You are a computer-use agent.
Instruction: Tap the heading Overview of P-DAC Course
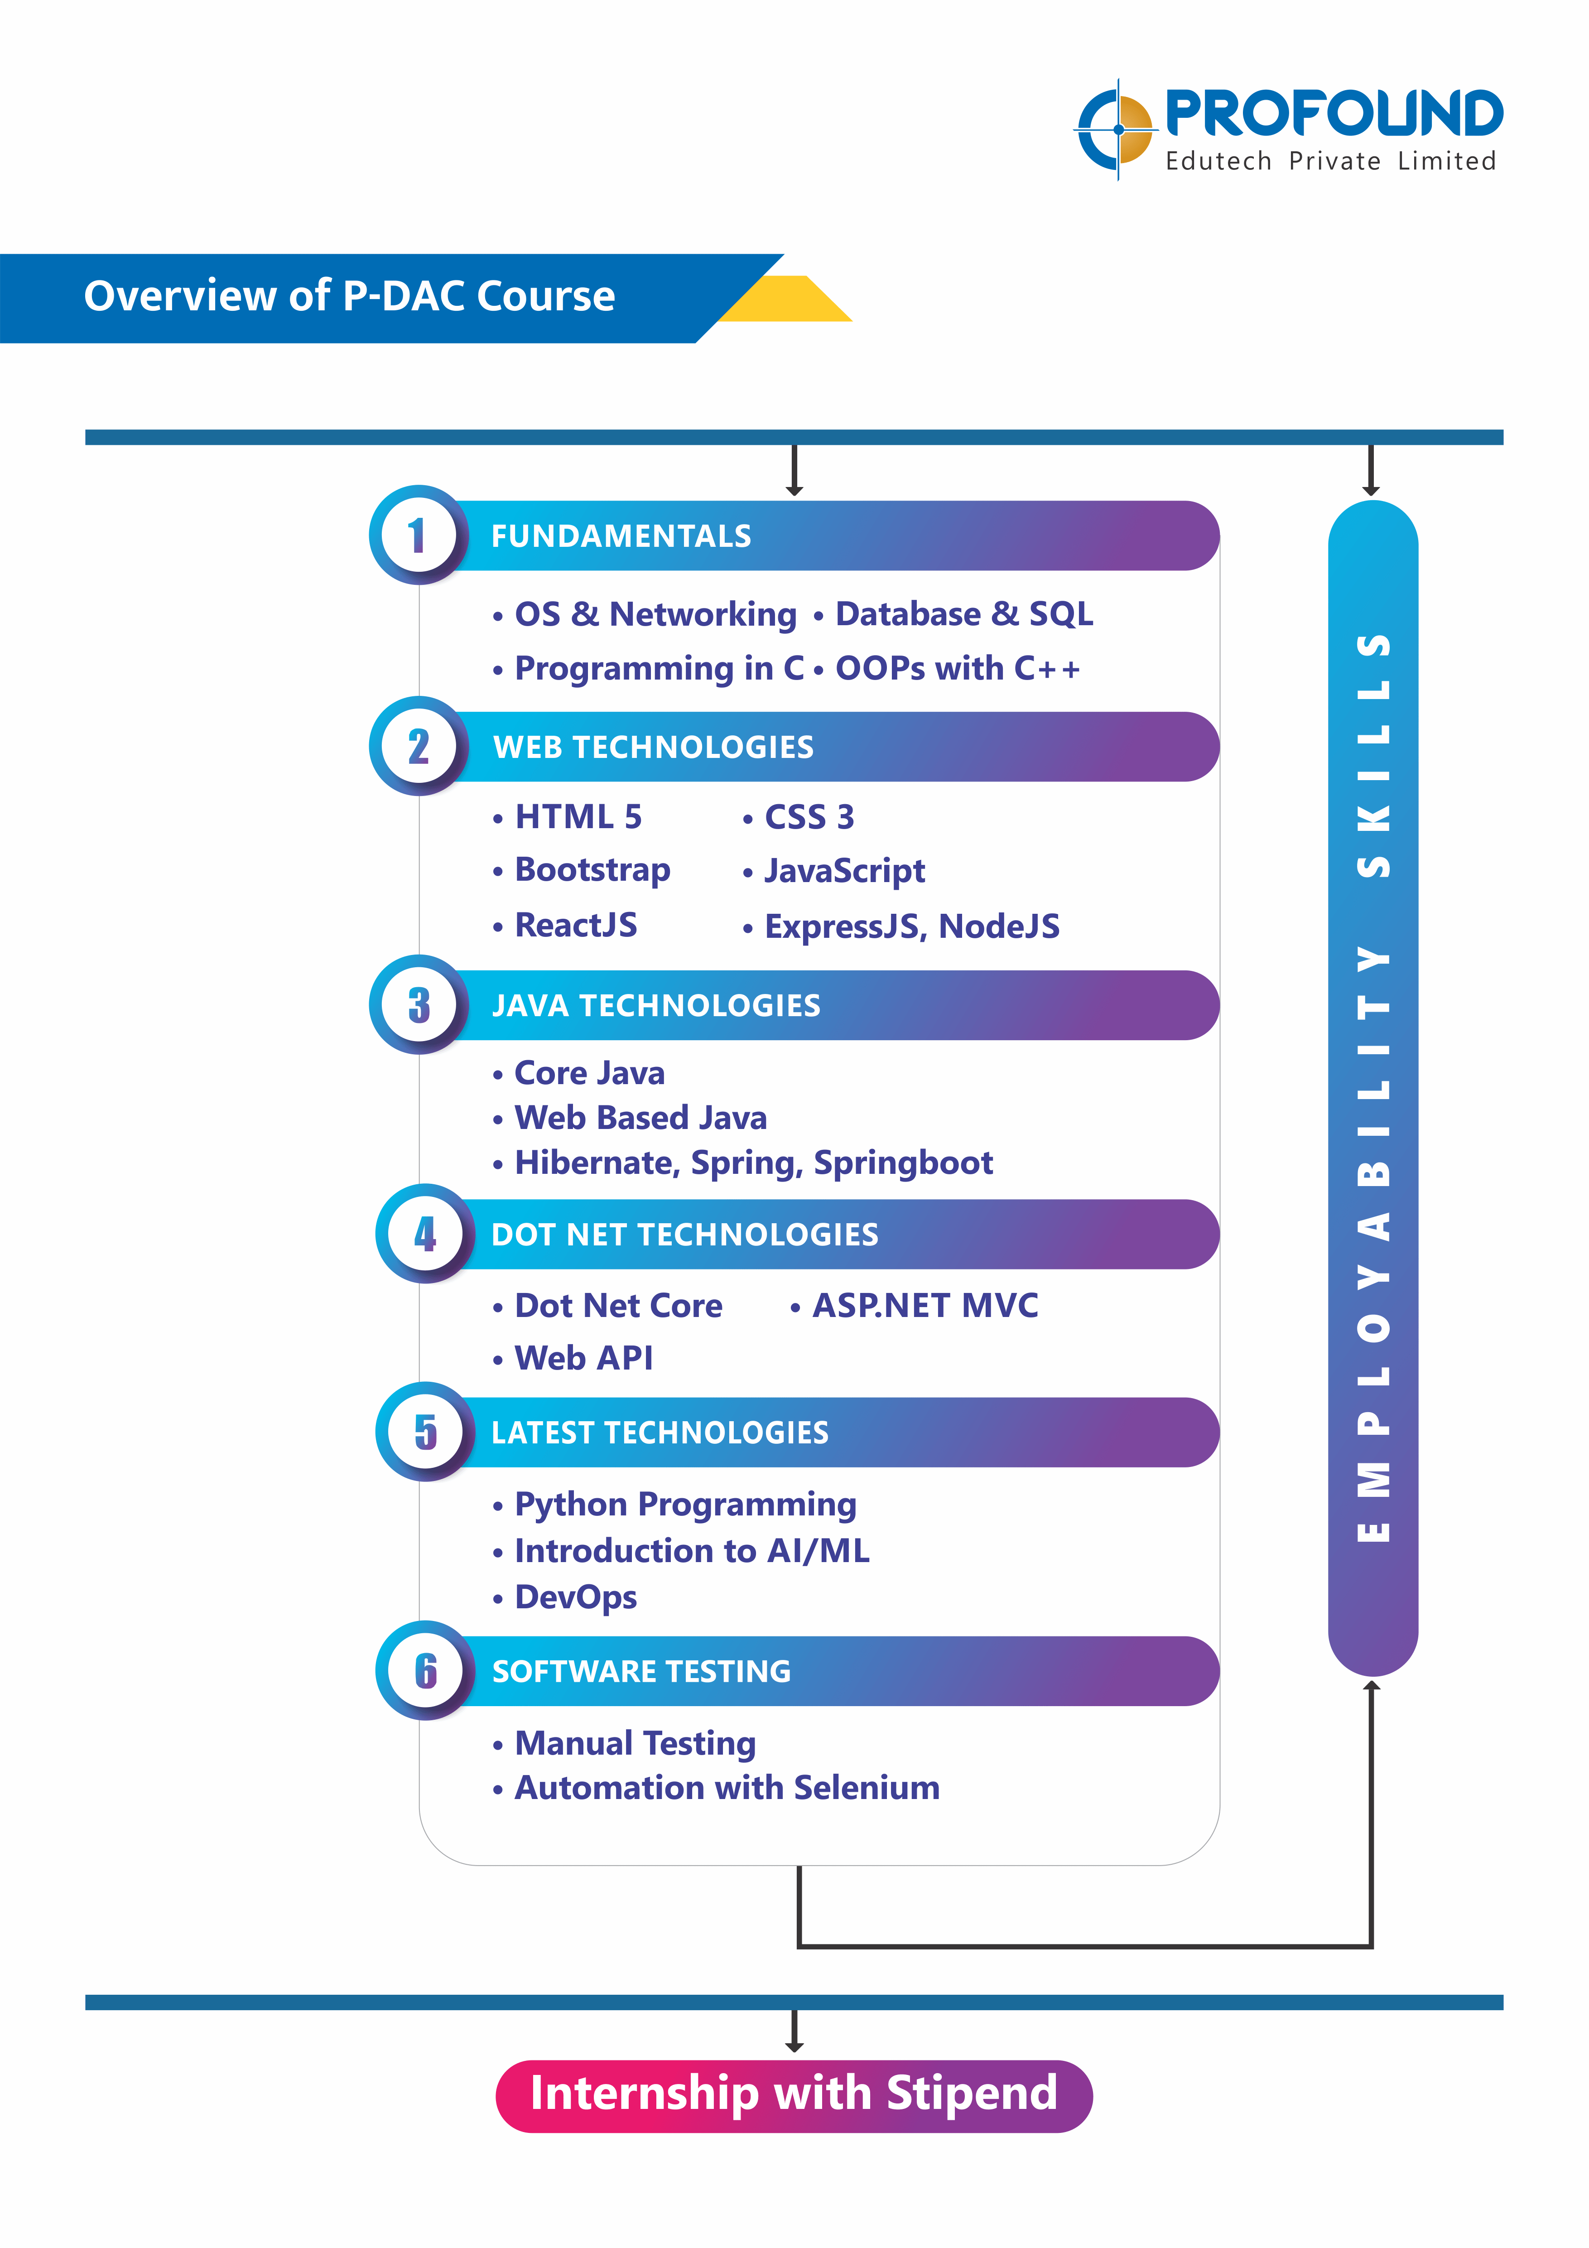coord(350,296)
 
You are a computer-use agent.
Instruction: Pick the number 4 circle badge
coord(425,1234)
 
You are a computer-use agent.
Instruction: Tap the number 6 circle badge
coord(425,1670)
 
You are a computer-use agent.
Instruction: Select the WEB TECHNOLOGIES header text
coord(653,747)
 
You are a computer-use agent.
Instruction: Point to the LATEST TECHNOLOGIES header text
coord(660,1433)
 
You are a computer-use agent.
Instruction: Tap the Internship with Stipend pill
coord(794,2096)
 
